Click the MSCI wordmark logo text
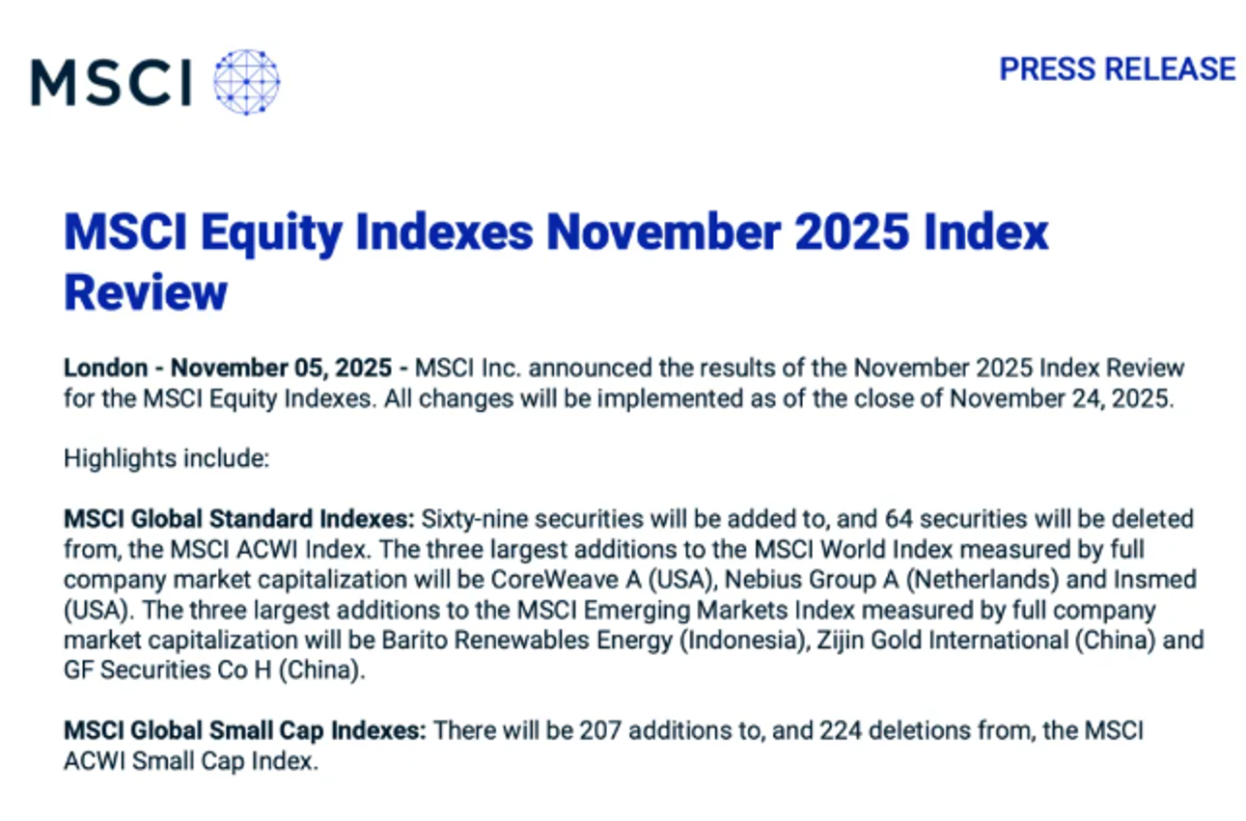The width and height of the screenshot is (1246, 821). pyautogui.click(x=111, y=82)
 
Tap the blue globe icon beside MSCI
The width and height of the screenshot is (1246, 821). pyautogui.click(x=247, y=82)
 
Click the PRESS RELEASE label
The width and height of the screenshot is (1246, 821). pyautogui.click(x=1118, y=69)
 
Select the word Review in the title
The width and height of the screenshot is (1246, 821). pyautogui.click(x=146, y=291)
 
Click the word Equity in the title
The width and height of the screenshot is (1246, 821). pyautogui.click(x=271, y=233)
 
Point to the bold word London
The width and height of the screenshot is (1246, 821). pyautogui.click(x=106, y=368)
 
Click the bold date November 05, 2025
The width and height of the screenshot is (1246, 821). pyautogui.click(x=281, y=368)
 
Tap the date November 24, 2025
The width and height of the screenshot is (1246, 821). pyautogui.click(x=1061, y=398)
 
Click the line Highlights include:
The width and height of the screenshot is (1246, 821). pyautogui.click(x=166, y=459)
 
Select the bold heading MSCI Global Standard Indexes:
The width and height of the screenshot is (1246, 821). pyautogui.click(x=239, y=519)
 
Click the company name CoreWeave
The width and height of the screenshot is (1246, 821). pyautogui.click(x=554, y=580)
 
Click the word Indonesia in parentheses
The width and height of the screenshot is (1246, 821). pyautogui.click(x=744, y=641)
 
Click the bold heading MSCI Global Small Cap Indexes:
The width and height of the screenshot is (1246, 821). pyautogui.click(x=245, y=731)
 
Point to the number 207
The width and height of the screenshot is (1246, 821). pyautogui.click(x=600, y=731)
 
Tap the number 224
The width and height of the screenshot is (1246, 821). pyautogui.click(x=841, y=731)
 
